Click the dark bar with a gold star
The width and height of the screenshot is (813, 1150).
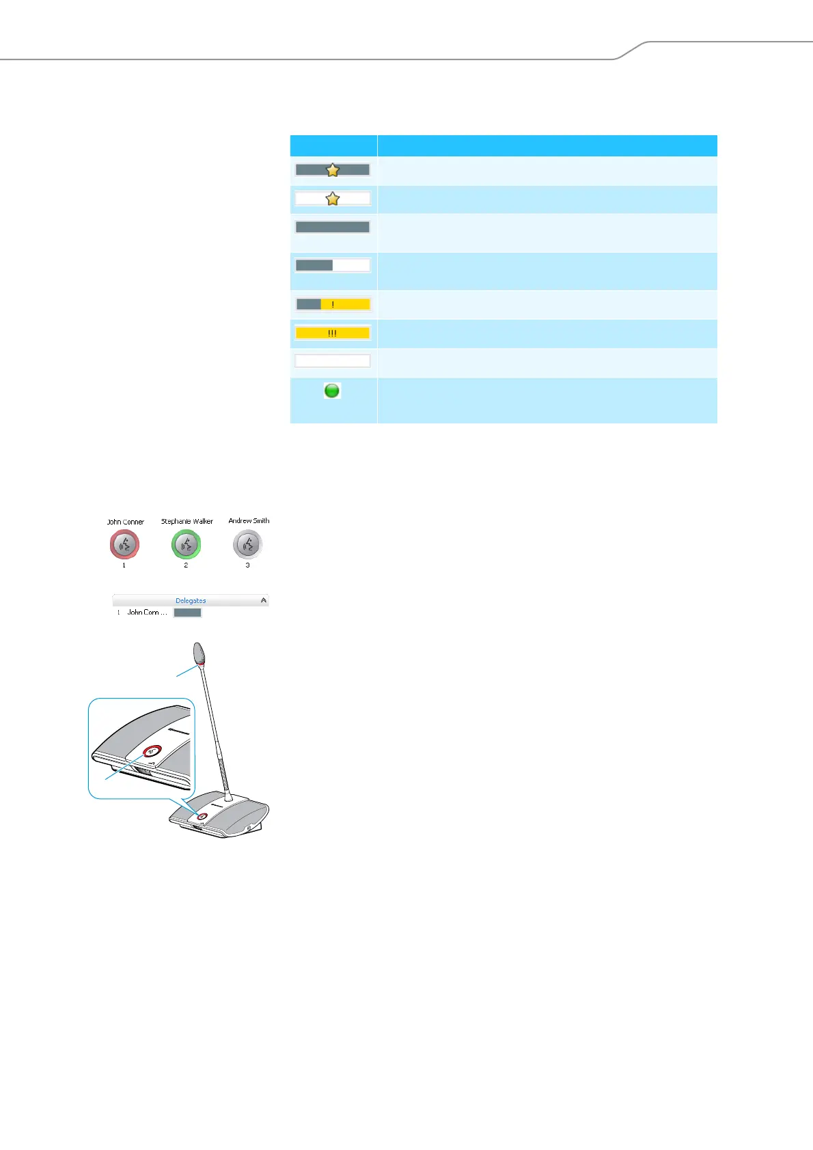[x=333, y=170]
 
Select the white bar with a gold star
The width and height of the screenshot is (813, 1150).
[x=333, y=199]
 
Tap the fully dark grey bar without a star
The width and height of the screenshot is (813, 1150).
[x=333, y=227]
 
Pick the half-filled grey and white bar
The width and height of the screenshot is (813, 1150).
[x=333, y=265]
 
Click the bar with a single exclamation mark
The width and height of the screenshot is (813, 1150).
[x=333, y=305]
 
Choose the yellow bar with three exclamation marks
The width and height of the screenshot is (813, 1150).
[x=333, y=333]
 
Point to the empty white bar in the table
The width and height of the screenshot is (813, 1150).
[x=333, y=361]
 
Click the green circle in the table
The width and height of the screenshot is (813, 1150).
[x=332, y=391]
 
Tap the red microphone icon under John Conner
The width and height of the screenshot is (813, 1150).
[x=124, y=544]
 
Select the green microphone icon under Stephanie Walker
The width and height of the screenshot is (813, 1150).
[x=186, y=544]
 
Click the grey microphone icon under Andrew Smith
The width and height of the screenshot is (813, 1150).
[x=247, y=544]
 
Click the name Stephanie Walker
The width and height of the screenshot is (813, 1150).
[x=187, y=521]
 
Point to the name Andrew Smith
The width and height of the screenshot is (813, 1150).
[x=249, y=520]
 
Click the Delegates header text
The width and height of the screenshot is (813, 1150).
[x=191, y=601]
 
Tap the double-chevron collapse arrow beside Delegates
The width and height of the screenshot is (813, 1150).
[x=264, y=600]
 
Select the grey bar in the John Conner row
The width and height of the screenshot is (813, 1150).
[x=187, y=613]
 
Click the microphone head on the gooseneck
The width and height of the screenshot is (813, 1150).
[x=199, y=654]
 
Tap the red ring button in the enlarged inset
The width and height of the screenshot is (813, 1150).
[x=152, y=751]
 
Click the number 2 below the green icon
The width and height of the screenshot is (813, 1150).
[x=186, y=565]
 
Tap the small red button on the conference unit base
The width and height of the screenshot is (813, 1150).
[x=202, y=817]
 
